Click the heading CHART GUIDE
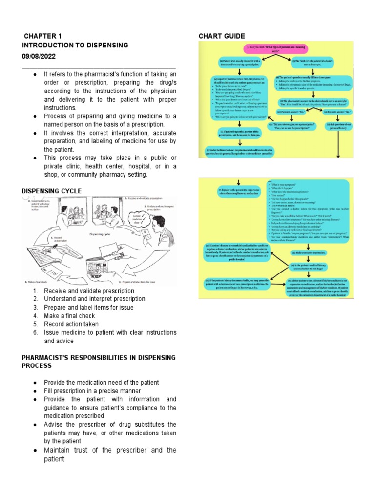[x=222, y=36]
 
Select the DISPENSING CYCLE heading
[x=52, y=191]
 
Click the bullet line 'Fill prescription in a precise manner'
[x=92, y=391]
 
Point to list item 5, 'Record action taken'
[x=71, y=324]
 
